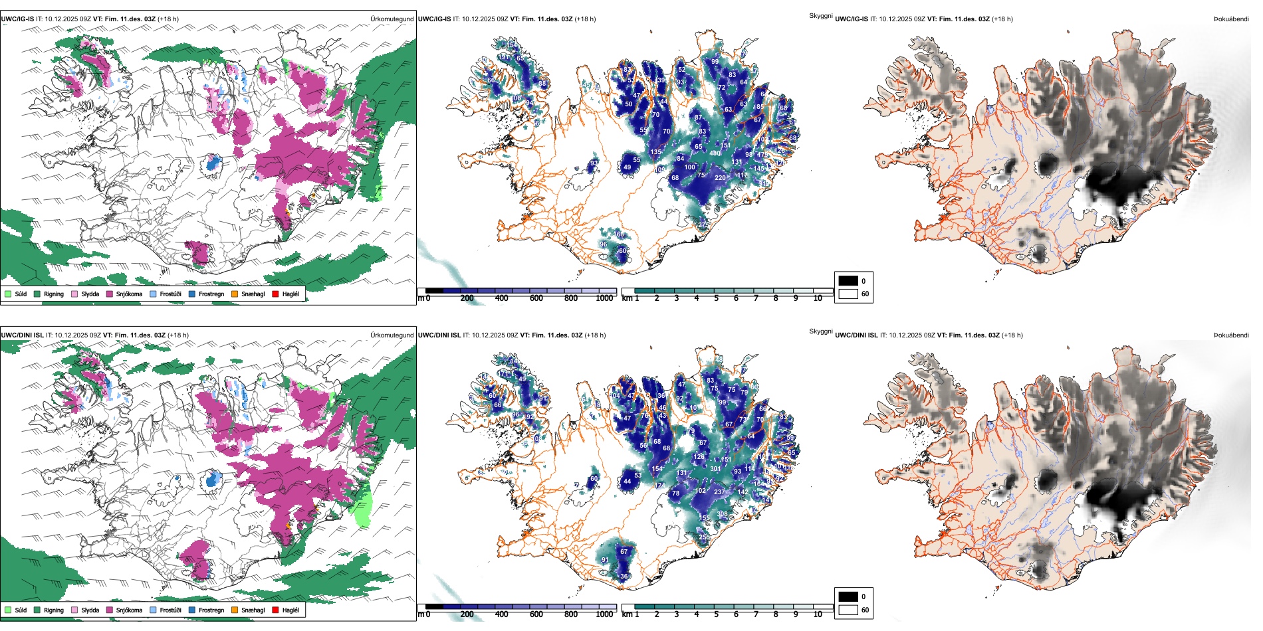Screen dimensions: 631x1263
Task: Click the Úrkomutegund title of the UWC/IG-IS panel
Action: (x=392, y=19)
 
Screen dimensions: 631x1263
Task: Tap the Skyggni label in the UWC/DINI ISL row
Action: (x=820, y=331)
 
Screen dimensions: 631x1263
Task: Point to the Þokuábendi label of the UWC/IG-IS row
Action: (x=1231, y=19)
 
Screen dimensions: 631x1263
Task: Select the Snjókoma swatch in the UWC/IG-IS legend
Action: (x=110, y=294)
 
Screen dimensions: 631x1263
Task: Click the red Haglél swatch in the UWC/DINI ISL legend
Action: (x=276, y=610)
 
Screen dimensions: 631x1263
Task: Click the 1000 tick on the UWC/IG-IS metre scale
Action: (x=604, y=298)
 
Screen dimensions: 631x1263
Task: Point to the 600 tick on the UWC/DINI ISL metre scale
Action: (x=536, y=614)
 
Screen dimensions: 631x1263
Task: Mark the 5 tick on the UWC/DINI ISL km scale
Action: (x=717, y=614)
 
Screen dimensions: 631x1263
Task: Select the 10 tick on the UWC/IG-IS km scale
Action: (x=818, y=298)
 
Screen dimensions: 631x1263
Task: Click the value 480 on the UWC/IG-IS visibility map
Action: (x=715, y=153)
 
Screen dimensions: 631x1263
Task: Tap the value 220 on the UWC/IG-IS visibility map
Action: (x=720, y=178)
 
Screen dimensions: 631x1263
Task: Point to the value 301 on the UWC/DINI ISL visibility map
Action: (x=715, y=469)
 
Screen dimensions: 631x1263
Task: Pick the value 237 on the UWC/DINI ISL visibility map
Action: (x=719, y=492)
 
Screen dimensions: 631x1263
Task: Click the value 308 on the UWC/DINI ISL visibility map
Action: (x=723, y=514)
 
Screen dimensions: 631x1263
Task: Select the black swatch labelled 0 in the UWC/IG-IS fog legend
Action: (x=848, y=281)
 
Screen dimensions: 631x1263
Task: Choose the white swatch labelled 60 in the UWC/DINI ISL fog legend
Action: (x=848, y=610)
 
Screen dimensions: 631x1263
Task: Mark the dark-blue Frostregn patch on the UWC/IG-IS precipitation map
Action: (x=213, y=163)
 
